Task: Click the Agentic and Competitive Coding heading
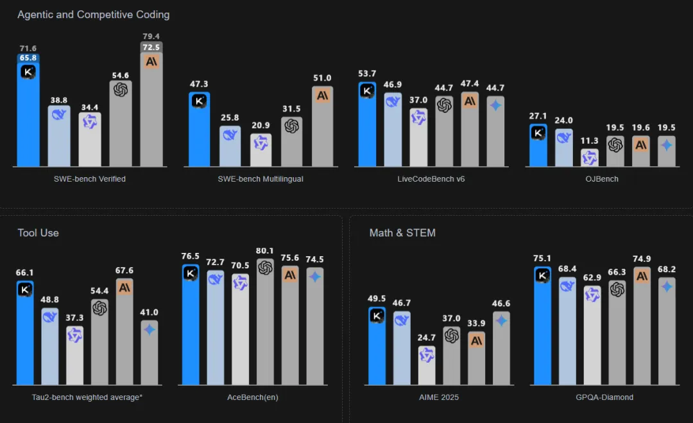pos(94,14)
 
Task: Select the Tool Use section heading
pos(38,233)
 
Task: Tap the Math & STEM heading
pos(402,233)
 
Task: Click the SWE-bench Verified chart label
pos(90,179)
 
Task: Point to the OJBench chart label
pos(603,179)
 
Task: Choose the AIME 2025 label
pos(439,397)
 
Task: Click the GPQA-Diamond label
pos(604,397)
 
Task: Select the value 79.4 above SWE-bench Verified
pos(151,36)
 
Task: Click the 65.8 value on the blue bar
pos(28,58)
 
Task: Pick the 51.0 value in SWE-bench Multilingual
pos(323,78)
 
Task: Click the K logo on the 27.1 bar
pos(538,133)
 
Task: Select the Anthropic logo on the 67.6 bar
pos(124,287)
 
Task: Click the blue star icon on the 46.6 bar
pos(501,320)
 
